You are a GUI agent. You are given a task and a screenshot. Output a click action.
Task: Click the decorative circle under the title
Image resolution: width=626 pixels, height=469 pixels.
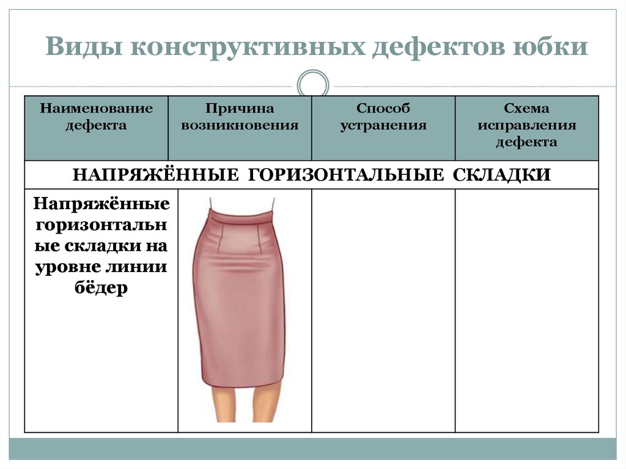coord(312,85)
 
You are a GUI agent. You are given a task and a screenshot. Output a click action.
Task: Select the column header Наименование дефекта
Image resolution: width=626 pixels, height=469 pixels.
coord(96,117)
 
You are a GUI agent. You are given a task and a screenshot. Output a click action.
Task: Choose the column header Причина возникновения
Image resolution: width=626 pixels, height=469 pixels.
coord(240,117)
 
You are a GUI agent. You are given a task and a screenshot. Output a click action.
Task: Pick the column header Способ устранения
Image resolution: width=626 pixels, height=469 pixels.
coord(383,117)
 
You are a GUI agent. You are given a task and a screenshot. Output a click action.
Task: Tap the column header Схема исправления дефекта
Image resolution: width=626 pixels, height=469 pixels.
coord(526,125)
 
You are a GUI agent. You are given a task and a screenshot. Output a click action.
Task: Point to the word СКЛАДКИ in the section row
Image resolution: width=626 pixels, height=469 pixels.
coord(502,175)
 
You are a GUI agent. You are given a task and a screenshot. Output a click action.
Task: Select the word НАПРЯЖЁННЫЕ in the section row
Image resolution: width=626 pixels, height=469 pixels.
coord(155,175)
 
